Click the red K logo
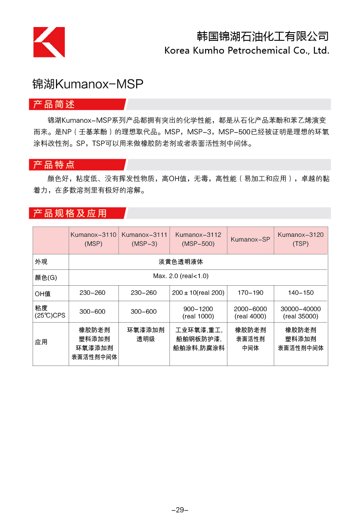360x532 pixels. coord(49,42)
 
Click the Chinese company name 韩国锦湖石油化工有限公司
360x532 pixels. coord(263,36)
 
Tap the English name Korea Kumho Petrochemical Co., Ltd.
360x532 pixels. coord(247,51)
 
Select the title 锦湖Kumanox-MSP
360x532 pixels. coord(88,84)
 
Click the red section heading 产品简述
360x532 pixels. coord(54,104)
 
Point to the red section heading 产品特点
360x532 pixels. coord(54,165)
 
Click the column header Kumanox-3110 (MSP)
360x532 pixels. coord(94,239)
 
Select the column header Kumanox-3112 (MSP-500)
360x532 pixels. coord(198,239)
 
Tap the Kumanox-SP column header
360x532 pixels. coord(251,239)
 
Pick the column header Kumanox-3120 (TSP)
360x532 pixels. coord(301,239)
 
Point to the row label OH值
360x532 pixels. coord(43,293)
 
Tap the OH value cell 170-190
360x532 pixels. coord(251,293)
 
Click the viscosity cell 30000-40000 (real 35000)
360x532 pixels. coord(301,312)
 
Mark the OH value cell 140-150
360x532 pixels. coord(301,293)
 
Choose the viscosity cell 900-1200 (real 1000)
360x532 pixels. coord(198,312)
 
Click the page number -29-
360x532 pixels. coord(180,510)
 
